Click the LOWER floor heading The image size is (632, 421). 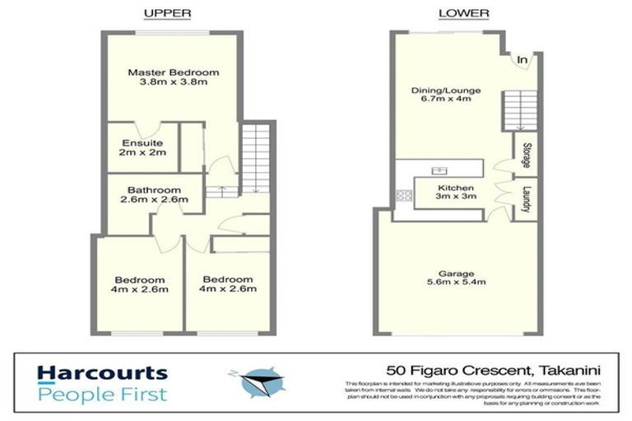463,13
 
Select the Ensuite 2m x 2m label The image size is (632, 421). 132,146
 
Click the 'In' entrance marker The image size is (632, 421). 523,58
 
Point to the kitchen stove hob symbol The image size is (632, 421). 405,196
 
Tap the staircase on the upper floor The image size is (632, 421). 253,156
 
